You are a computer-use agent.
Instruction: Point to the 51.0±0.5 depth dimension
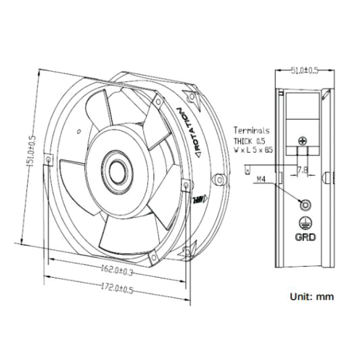[x=305, y=70]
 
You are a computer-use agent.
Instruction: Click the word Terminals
[x=252, y=130]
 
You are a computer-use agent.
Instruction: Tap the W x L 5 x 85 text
[x=253, y=150]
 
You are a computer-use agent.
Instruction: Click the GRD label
[x=305, y=237]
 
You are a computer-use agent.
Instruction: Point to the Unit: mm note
[x=312, y=297]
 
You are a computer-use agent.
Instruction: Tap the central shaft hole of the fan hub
[x=118, y=173]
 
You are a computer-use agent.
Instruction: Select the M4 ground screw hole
[x=305, y=205]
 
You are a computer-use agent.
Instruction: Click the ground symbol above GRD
[x=305, y=222]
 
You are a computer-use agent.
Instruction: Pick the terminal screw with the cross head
[x=302, y=141]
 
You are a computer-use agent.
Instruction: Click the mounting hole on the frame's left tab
[x=48, y=159]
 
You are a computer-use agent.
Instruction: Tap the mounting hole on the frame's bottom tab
[x=153, y=257]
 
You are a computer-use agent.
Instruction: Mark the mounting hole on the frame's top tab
[x=158, y=103]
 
